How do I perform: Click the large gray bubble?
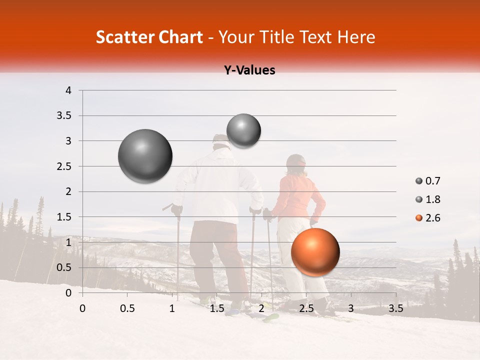click(x=145, y=156)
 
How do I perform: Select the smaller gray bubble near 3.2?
click(x=243, y=130)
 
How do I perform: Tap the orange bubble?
click(x=315, y=252)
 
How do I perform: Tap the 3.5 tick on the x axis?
click(x=395, y=308)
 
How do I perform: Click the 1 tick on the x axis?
click(x=172, y=308)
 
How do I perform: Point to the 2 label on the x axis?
click(x=261, y=308)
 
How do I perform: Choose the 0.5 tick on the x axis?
click(x=127, y=308)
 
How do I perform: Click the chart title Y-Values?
click(x=249, y=70)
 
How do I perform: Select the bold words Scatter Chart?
click(x=149, y=37)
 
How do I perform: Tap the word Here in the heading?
click(x=356, y=37)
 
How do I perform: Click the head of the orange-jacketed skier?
click(x=295, y=164)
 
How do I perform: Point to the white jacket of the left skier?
click(x=215, y=185)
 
